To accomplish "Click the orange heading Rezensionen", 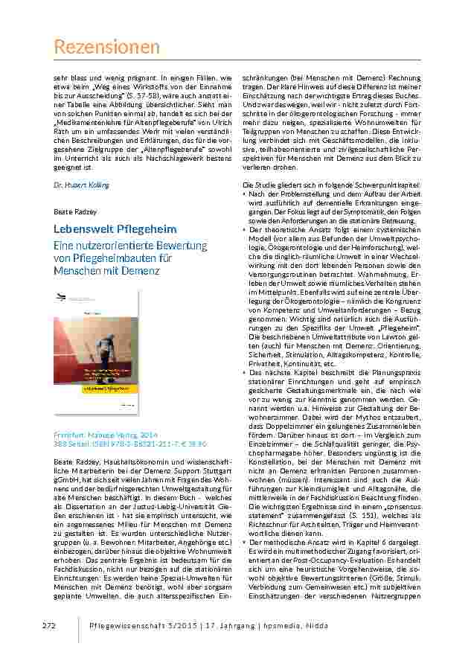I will [x=107, y=48].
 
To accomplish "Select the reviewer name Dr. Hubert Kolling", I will [x=81, y=185].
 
